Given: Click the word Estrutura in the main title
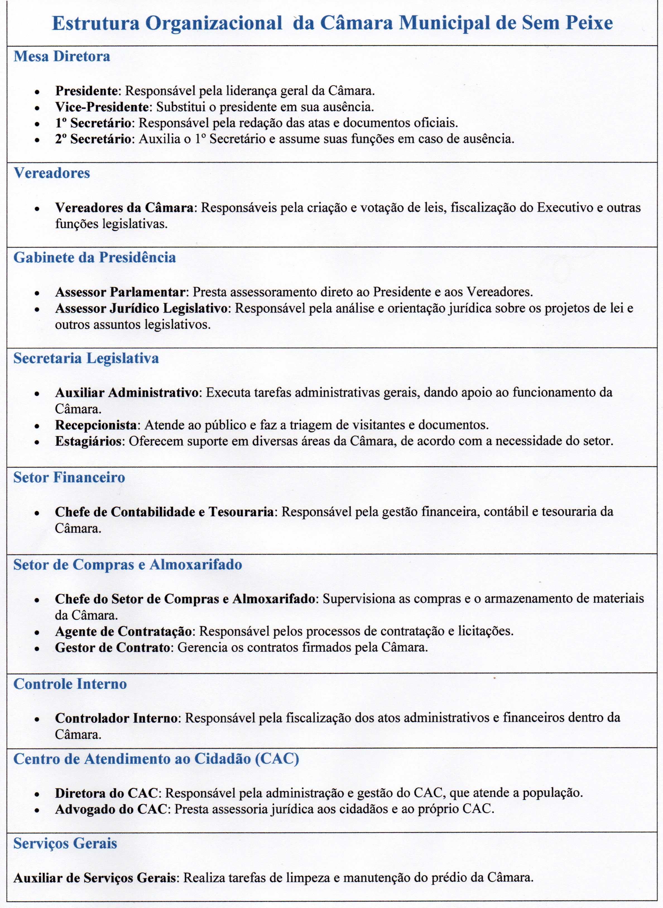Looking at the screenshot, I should click(x=95, y=23).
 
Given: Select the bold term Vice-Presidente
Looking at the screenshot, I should click(x=102, y=107).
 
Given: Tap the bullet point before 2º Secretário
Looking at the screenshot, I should click(x=37, y=140).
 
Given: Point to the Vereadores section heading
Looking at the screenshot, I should click(x=52, y=173).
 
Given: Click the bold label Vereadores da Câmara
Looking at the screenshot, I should click(x=124, y=208).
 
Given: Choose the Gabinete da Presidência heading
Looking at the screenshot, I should click(x=95, y=257).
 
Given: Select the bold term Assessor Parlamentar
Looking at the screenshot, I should click(x=120, y=292).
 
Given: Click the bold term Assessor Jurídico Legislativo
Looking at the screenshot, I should click(x=141, y=309).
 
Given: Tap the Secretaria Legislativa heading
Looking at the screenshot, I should click(x=86, y=358).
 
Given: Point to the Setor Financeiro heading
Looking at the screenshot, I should click(x=69, y=477).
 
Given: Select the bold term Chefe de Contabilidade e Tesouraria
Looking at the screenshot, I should click(x=164, y=512).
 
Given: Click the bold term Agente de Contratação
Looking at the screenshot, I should click(x=123, y=631).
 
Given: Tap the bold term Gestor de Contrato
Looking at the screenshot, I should click(x=112, y=647).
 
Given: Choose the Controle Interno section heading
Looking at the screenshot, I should click(x=70, y=684).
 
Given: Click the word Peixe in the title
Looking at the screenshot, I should click(x=589, y=23).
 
